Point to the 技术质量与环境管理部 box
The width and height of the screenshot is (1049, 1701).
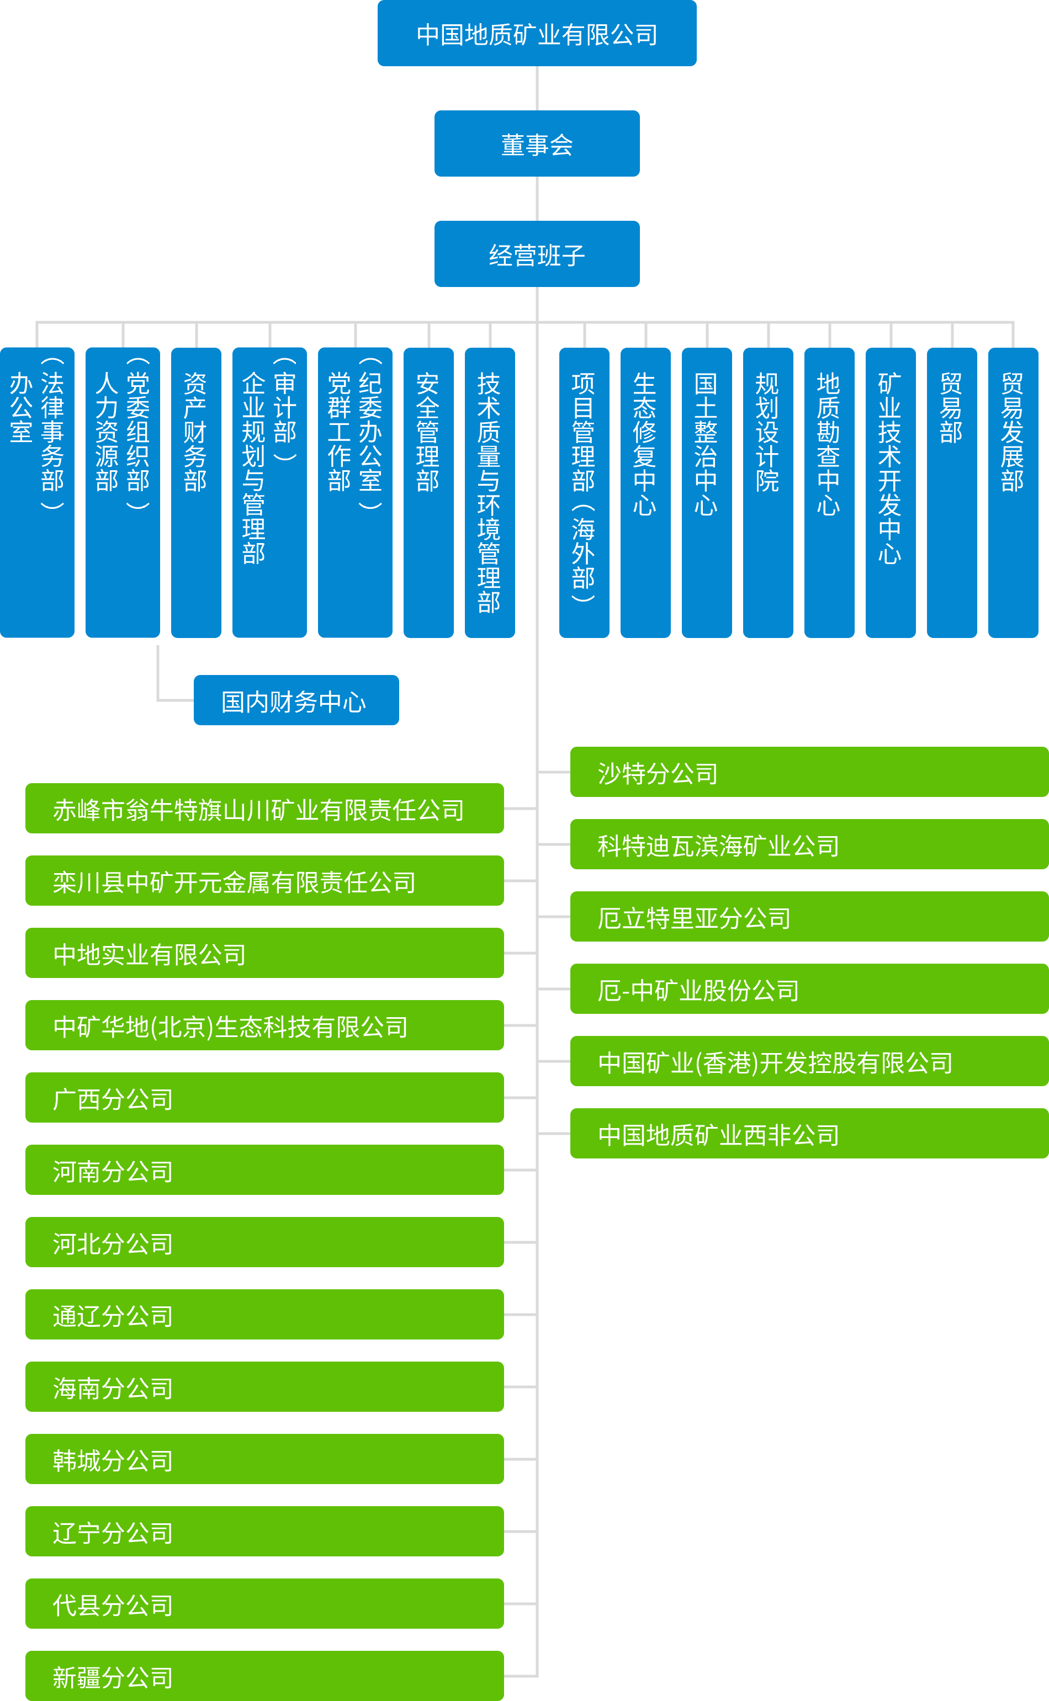click(x=489, y=492)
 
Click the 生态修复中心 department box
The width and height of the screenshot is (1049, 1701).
click(x=645, y=492)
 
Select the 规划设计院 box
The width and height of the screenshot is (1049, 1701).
click(x=767, y=492)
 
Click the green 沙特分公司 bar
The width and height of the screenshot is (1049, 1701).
click(x=808, y=772)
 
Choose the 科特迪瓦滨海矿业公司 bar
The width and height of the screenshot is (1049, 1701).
click(x=808, y=844)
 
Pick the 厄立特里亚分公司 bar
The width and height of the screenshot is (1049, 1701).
click(x=808, y=916)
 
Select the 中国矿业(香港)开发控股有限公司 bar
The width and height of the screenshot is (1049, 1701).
click(x=808, y=1061)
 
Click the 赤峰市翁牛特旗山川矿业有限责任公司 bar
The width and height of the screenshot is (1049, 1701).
click(x=264, y=808)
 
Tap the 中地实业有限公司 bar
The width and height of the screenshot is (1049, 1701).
click(x=264, y=953)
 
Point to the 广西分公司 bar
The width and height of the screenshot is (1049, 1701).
click(x=264, y=1097)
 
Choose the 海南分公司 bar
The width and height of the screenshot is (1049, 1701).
click(x=264, y=1386)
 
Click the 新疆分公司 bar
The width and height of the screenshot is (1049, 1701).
click(x=264, y=1676)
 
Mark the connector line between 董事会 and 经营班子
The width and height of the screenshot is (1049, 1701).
click(x=537, y=198)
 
